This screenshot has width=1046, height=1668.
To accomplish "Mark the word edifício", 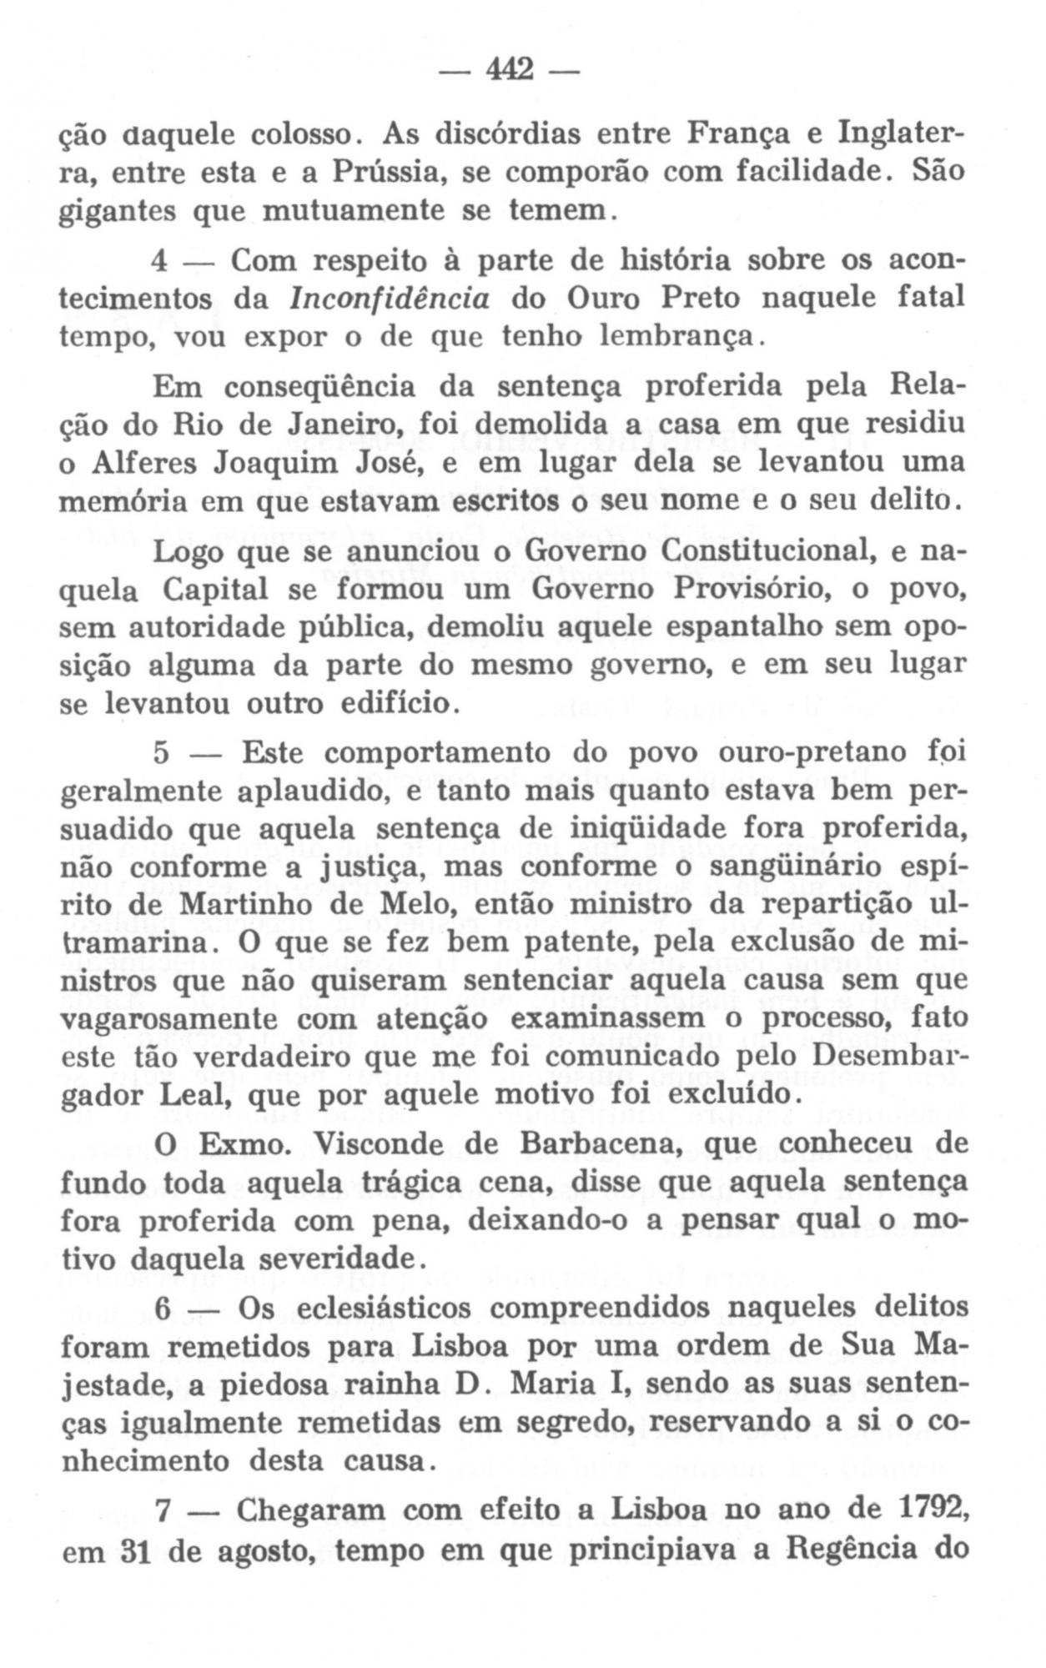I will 396,703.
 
